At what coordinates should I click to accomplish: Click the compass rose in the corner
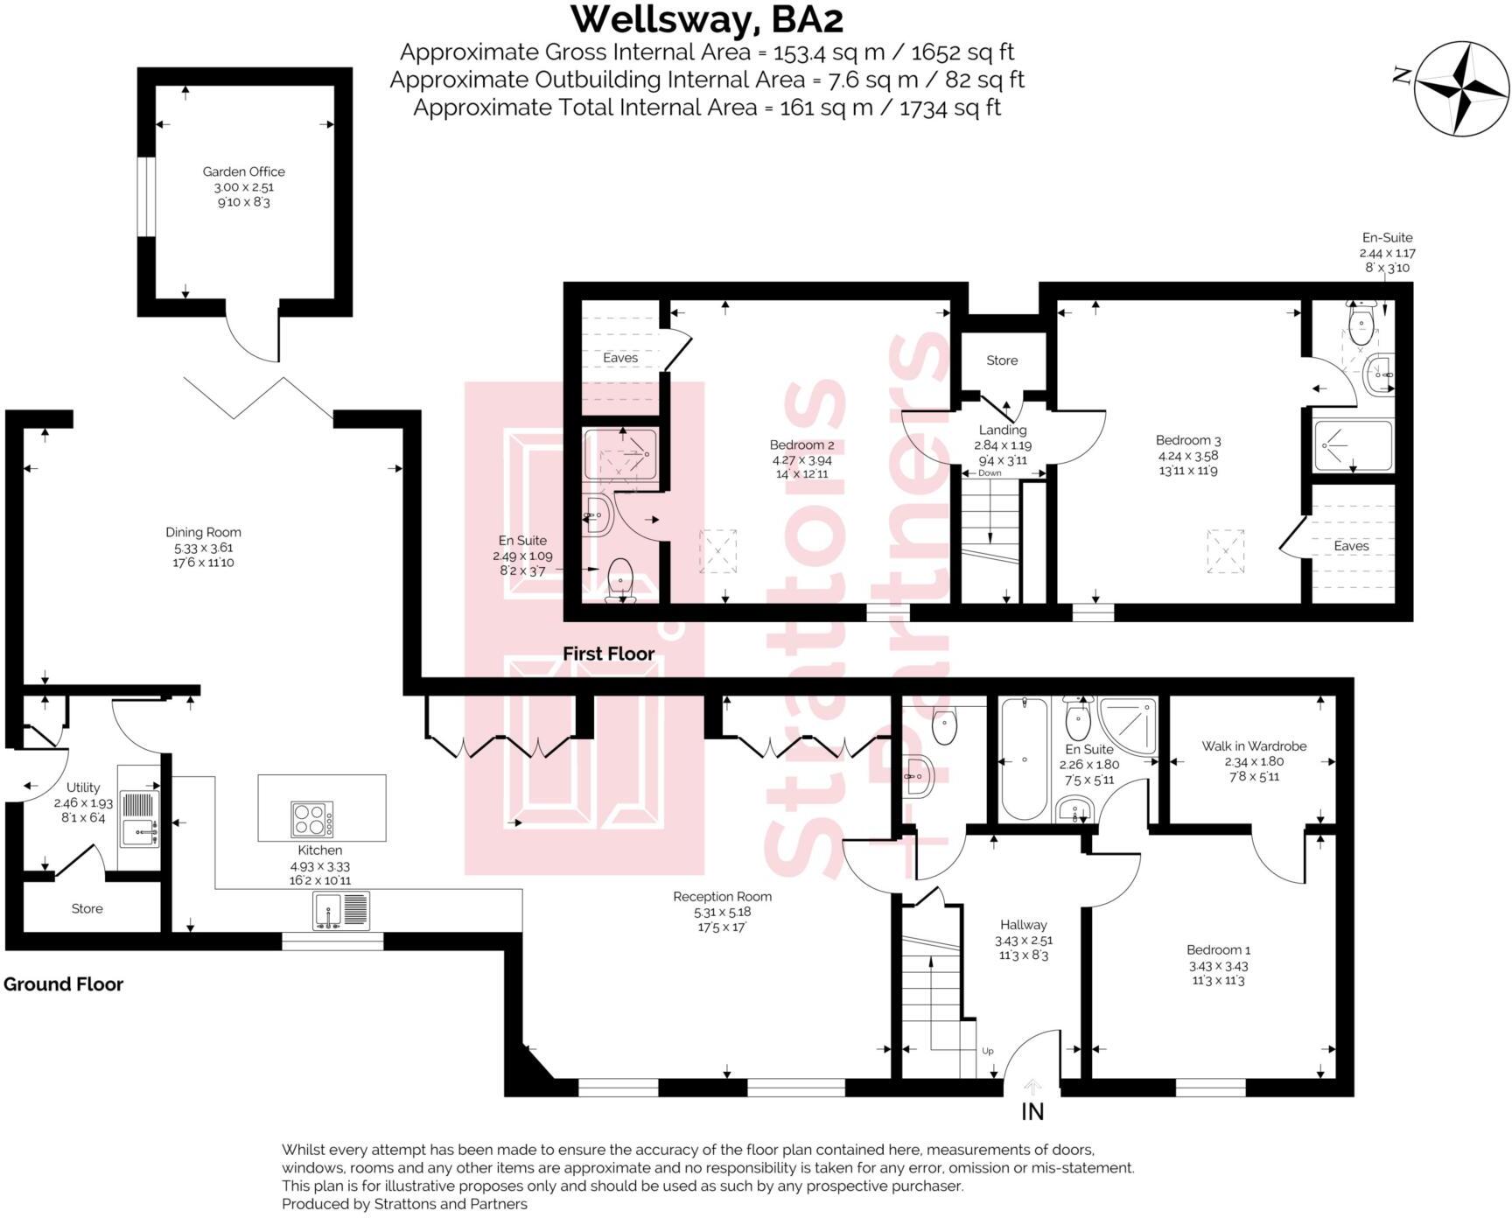[1462, 88]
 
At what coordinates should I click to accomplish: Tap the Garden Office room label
[243, 172]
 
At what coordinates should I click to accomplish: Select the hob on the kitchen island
[312, 819]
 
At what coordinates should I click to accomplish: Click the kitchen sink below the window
[341, 911]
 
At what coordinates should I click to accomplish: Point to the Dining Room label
[203, 532]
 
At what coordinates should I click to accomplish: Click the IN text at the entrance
[1032, 1112]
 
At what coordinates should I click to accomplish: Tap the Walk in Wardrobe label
[1254, 746]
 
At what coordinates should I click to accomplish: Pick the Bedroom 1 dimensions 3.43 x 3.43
[1218, 966]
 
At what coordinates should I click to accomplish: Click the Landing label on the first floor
[1003, 430]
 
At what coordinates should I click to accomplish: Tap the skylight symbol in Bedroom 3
[1225, 551]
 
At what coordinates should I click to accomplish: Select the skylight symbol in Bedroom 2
[717, 551]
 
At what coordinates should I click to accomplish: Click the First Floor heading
[608, 654]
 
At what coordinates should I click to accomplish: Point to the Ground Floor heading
[63, 984]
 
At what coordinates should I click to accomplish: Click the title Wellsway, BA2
[707, 19]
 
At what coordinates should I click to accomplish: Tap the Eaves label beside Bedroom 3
[1351, 546]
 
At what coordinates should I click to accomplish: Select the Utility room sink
[139, 831]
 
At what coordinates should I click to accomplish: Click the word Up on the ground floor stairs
[988, 1051]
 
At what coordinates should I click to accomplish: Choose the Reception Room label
[722, 897]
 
